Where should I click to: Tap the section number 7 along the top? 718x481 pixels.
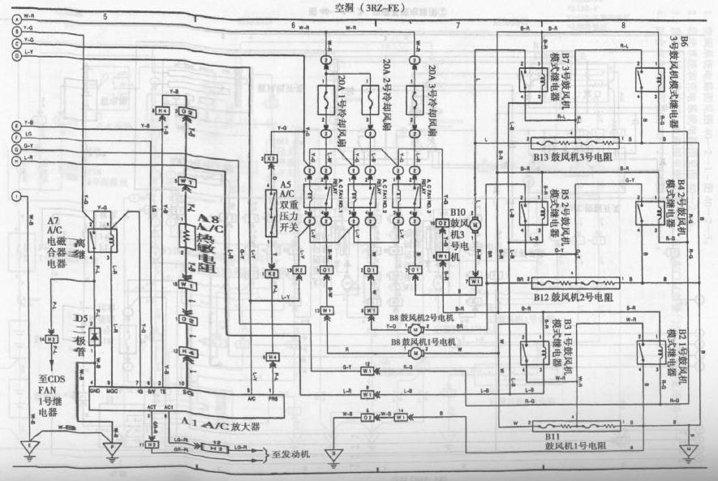point(458,26)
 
